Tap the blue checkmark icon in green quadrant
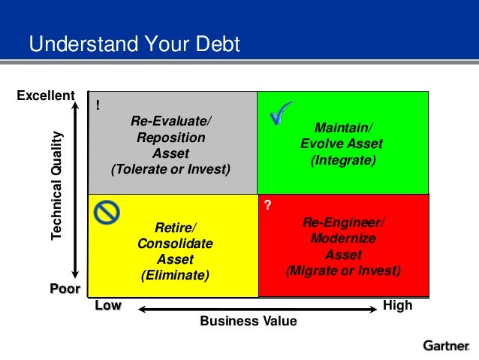point(281,113)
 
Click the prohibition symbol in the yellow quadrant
point(107,213)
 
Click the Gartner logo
point(447,346)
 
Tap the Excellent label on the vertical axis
point(46,95)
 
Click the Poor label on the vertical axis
point(65,289)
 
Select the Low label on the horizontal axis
point(107,306)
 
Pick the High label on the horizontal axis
point(397,306)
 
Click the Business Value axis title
point(248,322)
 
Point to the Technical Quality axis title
point(57,186)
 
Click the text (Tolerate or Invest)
point(170,169)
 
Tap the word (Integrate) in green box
point(342,160)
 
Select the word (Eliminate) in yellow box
point(175,276)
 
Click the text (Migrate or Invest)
point(343,271)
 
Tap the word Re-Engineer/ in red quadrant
point(343,222)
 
